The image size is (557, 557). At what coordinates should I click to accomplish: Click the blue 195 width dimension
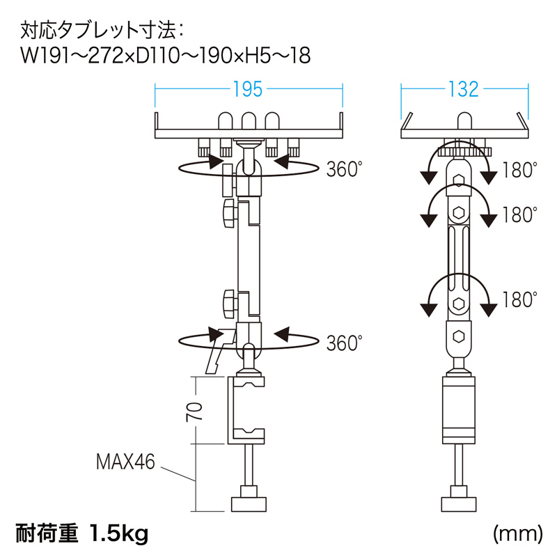[248, 89]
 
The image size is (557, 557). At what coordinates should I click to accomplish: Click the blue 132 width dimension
[464, 89]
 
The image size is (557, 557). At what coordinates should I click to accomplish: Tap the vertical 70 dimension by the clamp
[194, 411]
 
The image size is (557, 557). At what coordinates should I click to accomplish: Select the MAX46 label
[126, 462]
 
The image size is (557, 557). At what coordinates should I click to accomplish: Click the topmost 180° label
[519, 170]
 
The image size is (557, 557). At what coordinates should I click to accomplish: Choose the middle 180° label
[519, 214]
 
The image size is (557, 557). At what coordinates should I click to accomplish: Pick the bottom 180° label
[519, 299]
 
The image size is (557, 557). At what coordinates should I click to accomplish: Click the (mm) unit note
[518, 533]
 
